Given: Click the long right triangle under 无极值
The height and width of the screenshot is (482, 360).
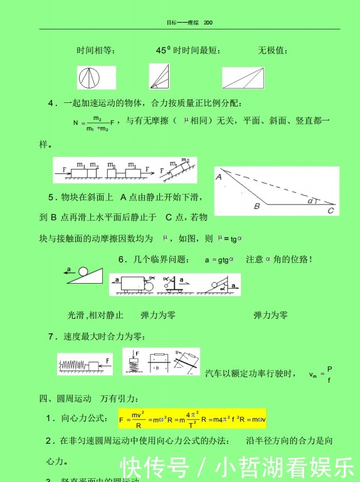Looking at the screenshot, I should [x=250, y=78].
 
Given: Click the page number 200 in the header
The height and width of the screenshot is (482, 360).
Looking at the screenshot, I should [x=208, y=23].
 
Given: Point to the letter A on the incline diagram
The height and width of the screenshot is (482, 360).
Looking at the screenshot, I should [x=220, y=178].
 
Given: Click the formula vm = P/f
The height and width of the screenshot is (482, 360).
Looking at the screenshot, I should [x=320, y=375].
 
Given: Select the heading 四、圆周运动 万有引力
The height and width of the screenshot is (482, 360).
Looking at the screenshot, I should [x=89, y=399].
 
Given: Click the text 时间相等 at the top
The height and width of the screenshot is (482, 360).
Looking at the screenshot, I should [x=95, y=50].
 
